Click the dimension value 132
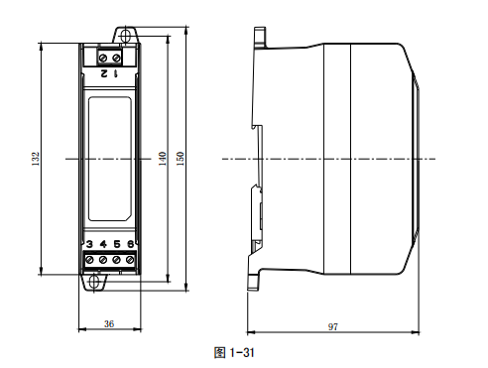tap(35, 158)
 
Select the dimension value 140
tap(162, 158)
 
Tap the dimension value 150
tap(180, 158)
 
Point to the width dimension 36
tap(109, 323)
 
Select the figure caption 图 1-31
tap(236, 350)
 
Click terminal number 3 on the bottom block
tap(90, 244)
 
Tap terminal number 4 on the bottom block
tap(103, 244)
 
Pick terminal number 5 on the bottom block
tap(116, 244)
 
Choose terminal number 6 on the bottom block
tap(129, 244)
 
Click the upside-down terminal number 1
tap(116, 73)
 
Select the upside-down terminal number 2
tap(103, 73)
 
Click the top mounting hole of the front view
tap(126, 36)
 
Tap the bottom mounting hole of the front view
tap(96, 281)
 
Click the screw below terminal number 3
tap(90, 260)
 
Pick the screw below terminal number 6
tap(129, 260)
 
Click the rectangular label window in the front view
tap(110, 158)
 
